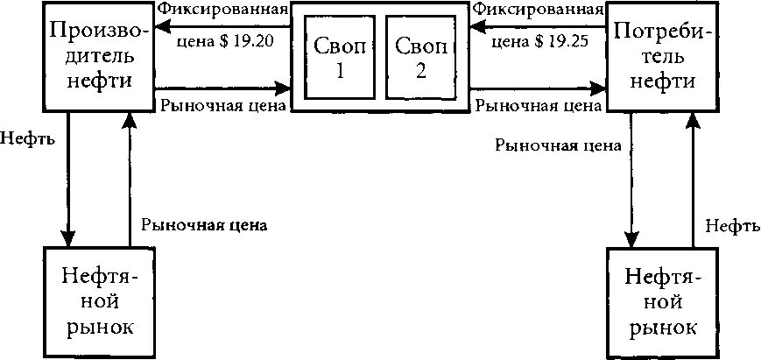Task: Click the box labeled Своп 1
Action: pos(335,59)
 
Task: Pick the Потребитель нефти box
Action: pos(663,56)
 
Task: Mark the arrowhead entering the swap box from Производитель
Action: pos(282,88)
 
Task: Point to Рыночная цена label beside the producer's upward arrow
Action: pos(203,224)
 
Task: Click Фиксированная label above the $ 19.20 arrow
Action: pos(236,11)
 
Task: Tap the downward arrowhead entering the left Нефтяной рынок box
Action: pos(67,237)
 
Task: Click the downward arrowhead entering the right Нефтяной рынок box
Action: pos(631,238)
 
